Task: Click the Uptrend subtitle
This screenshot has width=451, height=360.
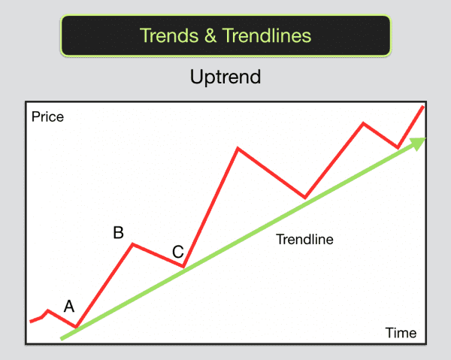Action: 225,77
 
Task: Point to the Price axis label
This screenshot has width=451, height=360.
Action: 48,117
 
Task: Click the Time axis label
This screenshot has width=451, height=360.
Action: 401,332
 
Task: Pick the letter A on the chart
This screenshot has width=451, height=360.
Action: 69,306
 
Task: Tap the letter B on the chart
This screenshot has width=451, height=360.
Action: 118,232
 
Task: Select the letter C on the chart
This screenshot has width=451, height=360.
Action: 177,252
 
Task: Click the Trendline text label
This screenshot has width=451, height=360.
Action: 304,241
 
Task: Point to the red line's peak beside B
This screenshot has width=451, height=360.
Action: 133,244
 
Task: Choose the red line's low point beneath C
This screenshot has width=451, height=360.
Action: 183,267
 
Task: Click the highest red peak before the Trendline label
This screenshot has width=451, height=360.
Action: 238,148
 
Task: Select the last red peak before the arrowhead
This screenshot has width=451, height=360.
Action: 364,123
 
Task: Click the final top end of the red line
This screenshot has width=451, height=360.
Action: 423,107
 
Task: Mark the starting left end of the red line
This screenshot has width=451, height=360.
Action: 31,322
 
